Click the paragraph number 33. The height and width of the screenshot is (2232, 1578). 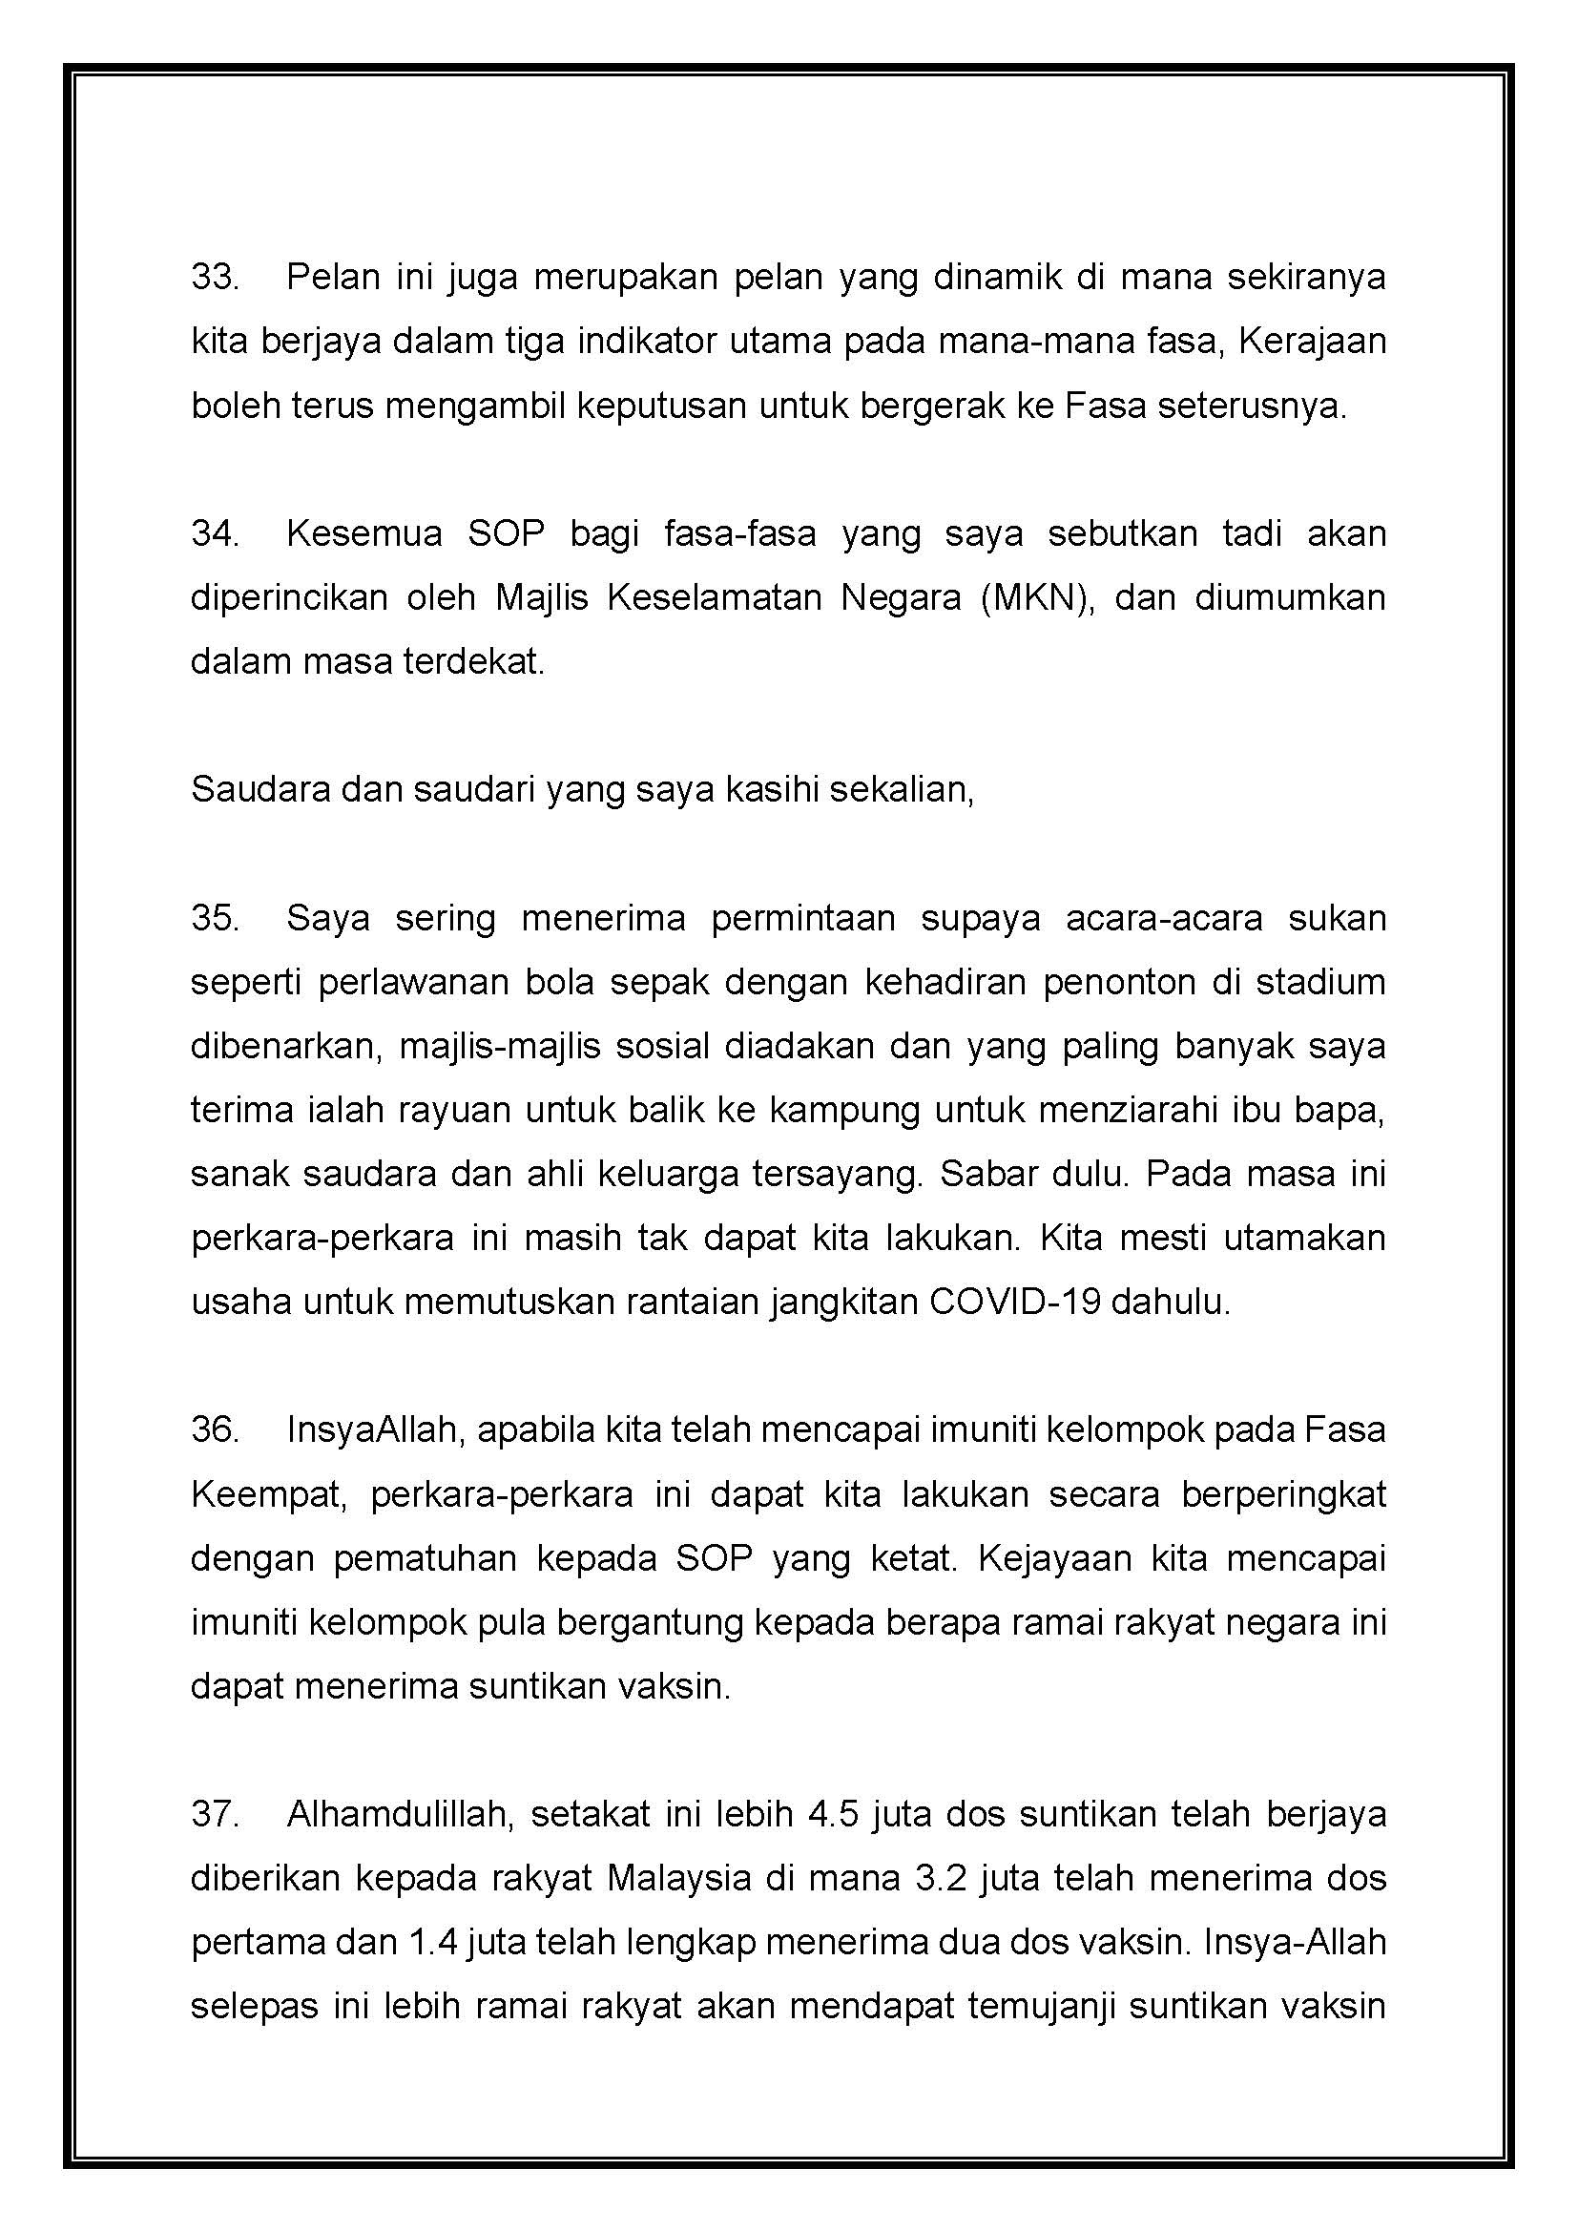point(215,277)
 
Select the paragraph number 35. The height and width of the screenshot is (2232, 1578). point(215,918)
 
